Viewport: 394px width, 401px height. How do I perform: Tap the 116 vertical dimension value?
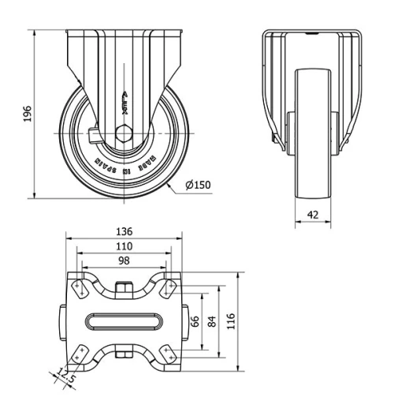click(x=231, y=323)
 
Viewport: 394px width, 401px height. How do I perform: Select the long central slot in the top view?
click(x=124, y=323)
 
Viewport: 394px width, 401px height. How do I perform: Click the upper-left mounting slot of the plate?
click(x=80, y=288)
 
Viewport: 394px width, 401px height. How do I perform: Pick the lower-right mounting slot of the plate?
click(x=168, y=355)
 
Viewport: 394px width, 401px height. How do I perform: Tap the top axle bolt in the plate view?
click(x=124, y=288)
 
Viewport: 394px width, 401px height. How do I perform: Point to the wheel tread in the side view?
click(x=312, y=134)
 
